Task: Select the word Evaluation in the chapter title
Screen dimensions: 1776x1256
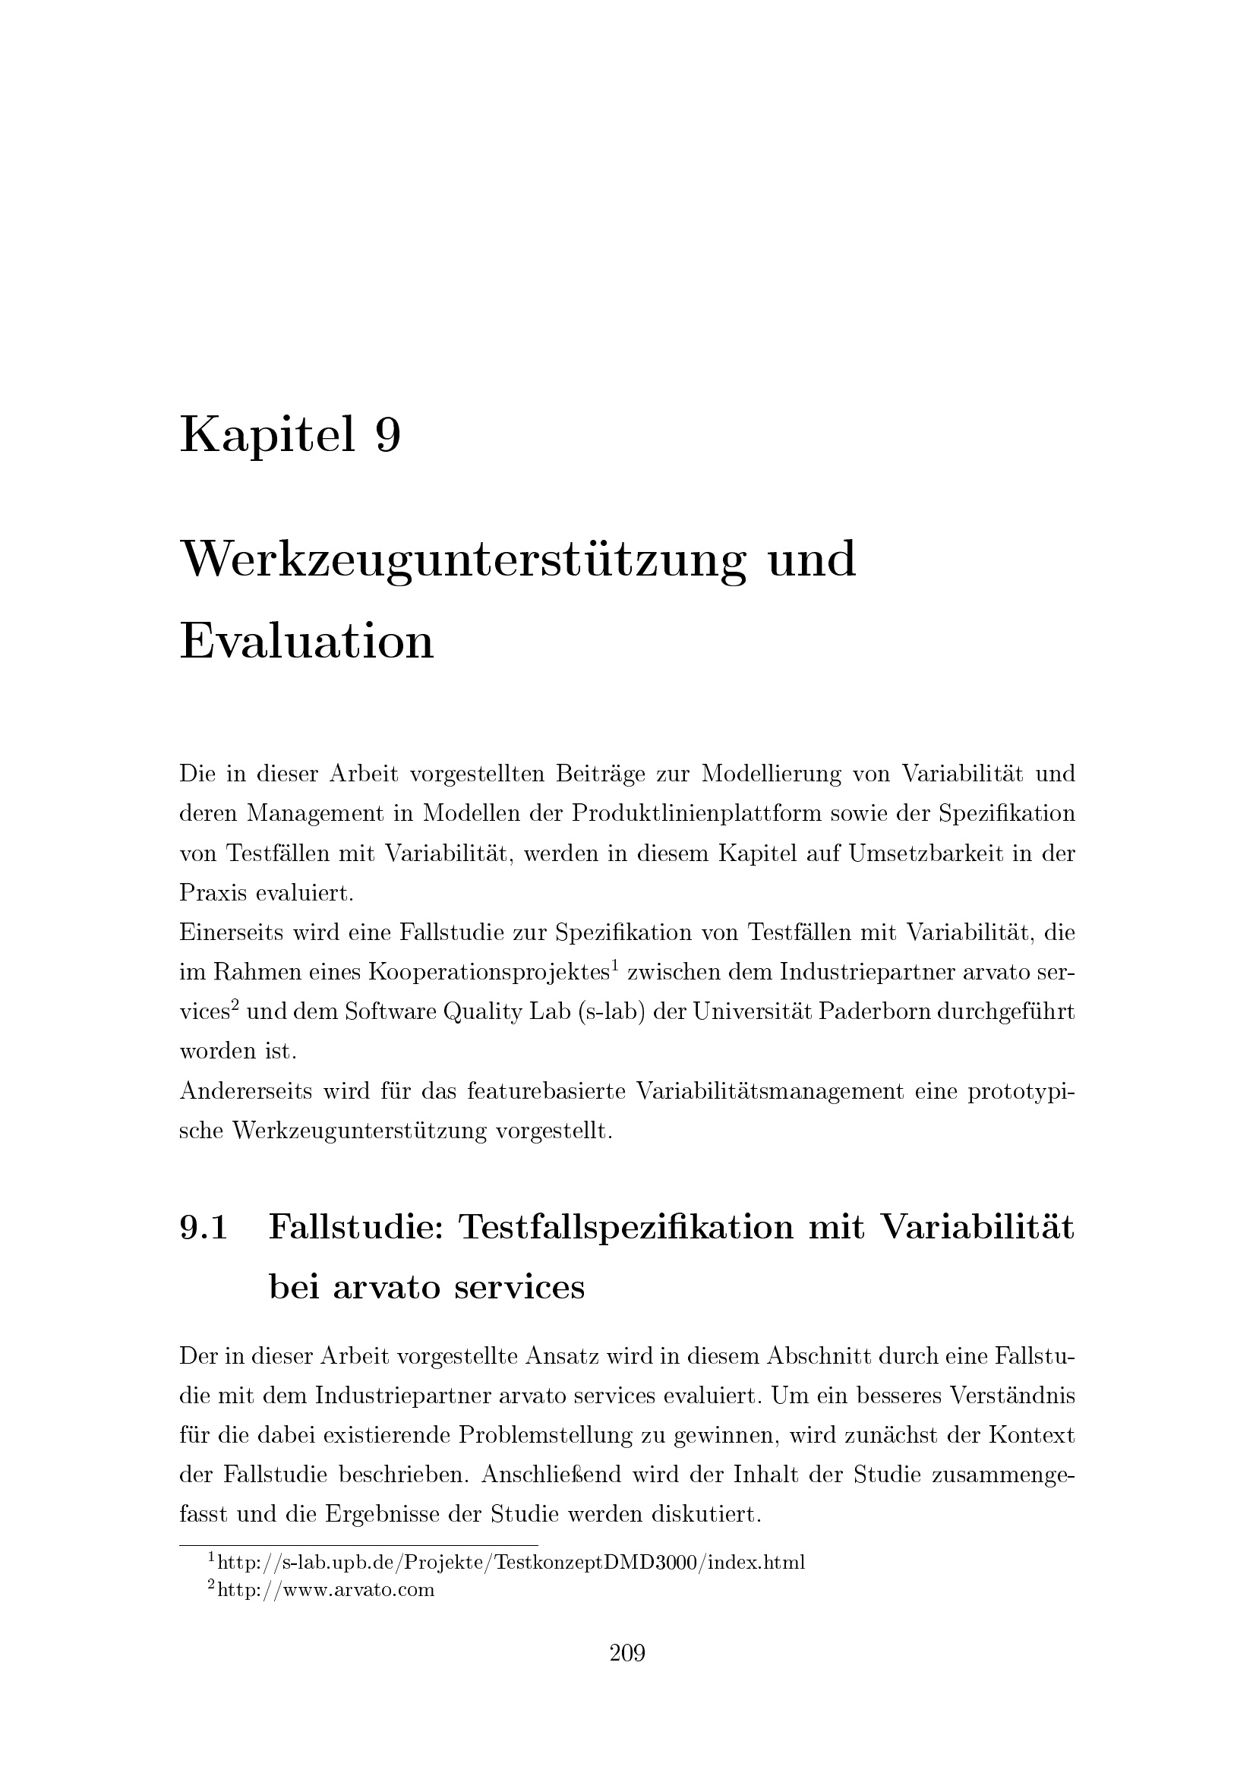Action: click(x=306, y=642)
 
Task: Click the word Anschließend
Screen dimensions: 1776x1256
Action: click(x=551, y=1475)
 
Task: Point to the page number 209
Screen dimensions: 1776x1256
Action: click(x=627, y=1654)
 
